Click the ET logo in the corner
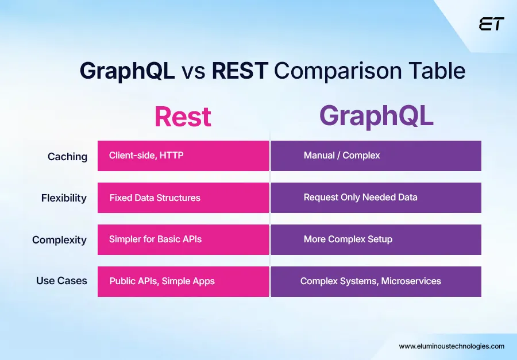(x=491, y=24)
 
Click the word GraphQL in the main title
(x=127, y=71)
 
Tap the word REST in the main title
(x=240, y=71)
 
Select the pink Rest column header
(x=183, y=117)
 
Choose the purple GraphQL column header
(x=376, y=115)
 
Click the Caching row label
(x=67, y=157)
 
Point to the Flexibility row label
(x=64, y=198)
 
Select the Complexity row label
(x=59, y=240)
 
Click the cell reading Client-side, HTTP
(x=183, y=156)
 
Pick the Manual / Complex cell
(x=376, y=156)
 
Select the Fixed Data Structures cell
(x=183, y=198)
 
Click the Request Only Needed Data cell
(x=376, y=198)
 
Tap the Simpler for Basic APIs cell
(x=183, y=239)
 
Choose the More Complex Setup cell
(x=376, y=239)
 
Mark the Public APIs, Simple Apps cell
(x=183, y=281)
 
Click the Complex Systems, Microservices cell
(x=376, y=281)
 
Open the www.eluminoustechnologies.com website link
(x=452, y=346)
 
